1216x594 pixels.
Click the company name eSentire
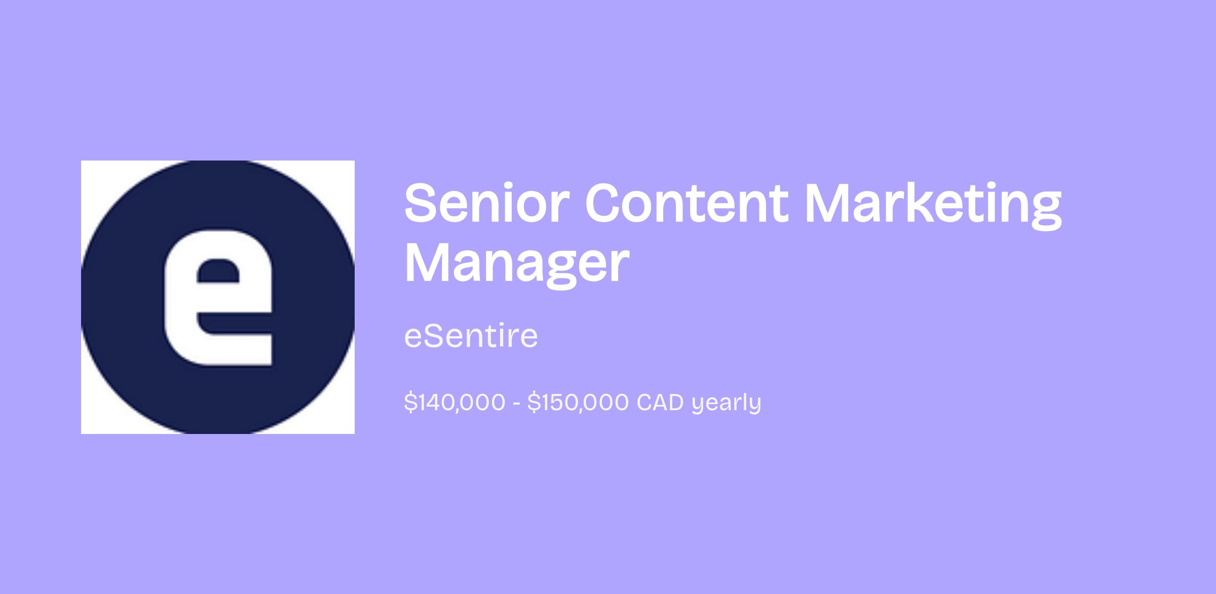click(471, 336)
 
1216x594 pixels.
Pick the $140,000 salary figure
click(454, 403)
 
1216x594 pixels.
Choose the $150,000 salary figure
click(578, 403)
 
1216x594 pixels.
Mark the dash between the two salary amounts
click(516, 404)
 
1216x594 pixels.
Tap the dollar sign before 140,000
click(410, 403)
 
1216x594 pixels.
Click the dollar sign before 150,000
click(533, 403)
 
